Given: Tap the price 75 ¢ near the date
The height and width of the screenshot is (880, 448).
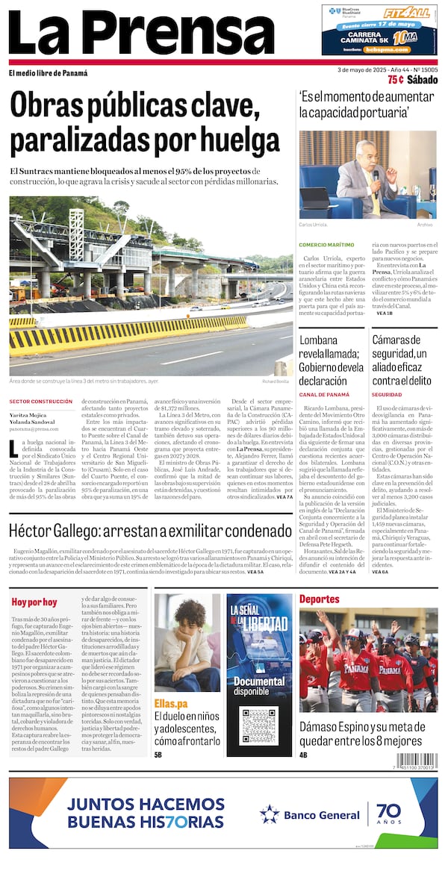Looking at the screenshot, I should [396, 80].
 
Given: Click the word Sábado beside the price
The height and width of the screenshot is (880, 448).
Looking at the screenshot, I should [423, 80].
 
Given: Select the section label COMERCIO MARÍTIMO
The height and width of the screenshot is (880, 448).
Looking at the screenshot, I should [326, 245].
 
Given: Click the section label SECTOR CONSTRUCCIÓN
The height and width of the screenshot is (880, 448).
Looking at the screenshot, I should [41, 402].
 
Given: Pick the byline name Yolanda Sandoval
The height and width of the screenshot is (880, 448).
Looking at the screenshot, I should [34, 422].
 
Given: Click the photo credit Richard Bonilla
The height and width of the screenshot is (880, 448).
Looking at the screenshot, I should [277, 381].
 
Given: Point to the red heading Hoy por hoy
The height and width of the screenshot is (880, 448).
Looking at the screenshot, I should [34, 602].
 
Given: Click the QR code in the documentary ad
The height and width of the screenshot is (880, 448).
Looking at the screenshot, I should [260, 725].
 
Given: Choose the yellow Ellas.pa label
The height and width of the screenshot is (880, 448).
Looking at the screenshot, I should [171, 703].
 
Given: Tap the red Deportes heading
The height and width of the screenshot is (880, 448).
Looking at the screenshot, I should [319, 599].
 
